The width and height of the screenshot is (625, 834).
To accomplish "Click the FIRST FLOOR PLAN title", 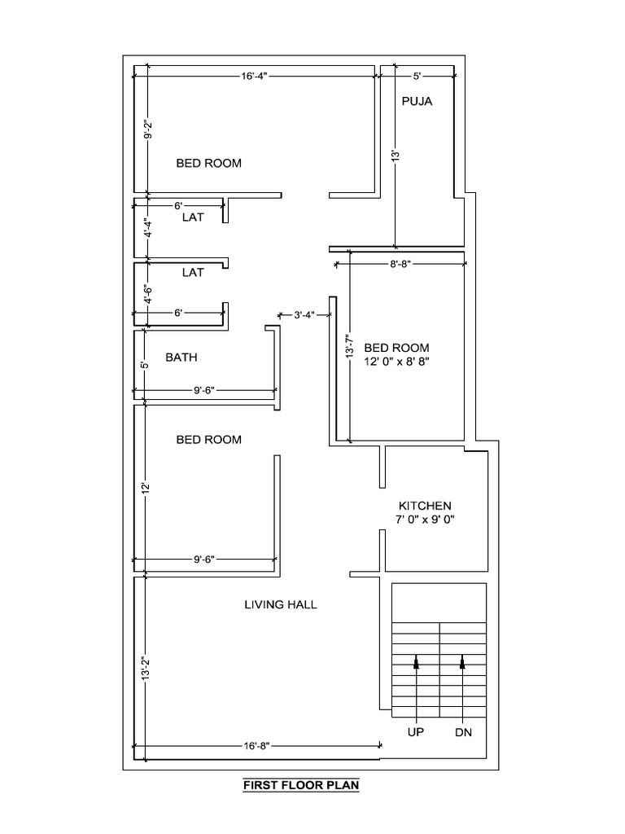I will point(301,786).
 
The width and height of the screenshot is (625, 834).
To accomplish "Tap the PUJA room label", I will point(416,102).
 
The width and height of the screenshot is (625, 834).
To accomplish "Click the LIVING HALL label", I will point(281,604).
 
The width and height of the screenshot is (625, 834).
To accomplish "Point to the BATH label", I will point(181,357).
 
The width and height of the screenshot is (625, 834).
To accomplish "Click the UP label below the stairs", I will point(417,732).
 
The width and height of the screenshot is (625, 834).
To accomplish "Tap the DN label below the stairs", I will point(463,732).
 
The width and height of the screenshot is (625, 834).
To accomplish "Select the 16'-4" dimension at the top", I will point(255,76).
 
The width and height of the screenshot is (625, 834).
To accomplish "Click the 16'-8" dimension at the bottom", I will point(256,744).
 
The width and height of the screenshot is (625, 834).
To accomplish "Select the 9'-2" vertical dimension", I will point(146,130).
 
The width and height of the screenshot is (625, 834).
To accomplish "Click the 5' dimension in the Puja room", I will point(417,76).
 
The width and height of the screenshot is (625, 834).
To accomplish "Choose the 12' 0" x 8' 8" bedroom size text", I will point(396,362).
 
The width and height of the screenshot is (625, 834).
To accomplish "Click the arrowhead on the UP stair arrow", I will point(417,663).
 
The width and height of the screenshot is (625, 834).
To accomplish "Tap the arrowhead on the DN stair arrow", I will point(463,663).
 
